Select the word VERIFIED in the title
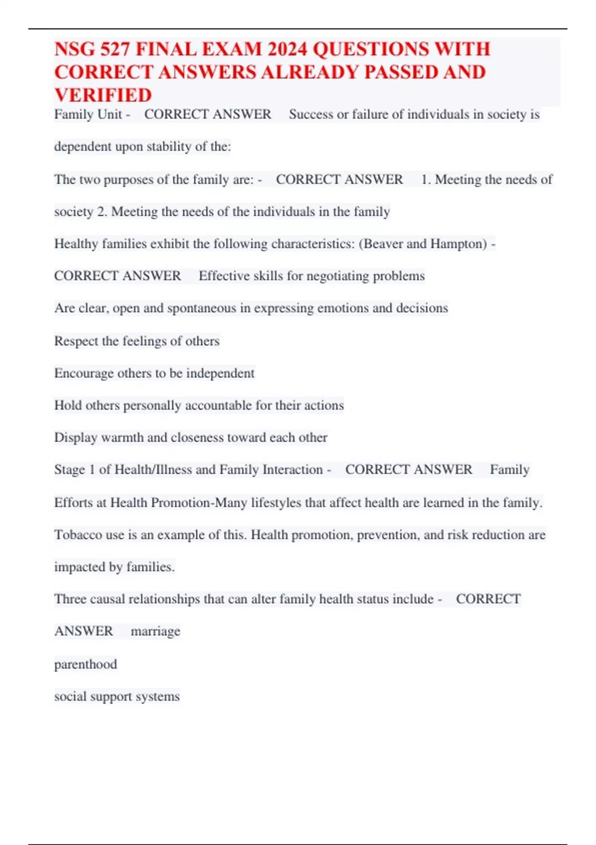point(103,95)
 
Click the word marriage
point(155,631)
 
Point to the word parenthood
point(85,664)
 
